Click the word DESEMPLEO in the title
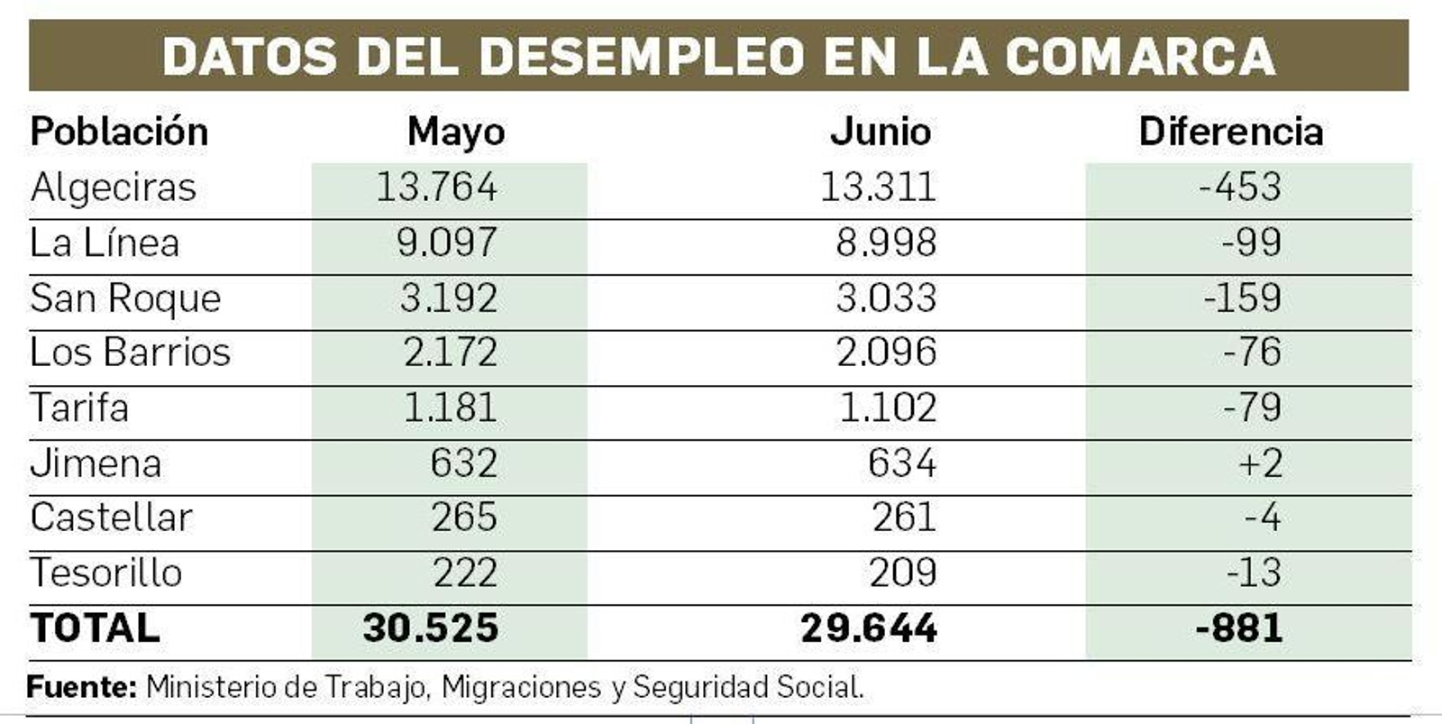point(641,56)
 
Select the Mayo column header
point(456,132)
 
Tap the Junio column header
point(880,132)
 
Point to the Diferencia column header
point(1230,132)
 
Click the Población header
point(119,132)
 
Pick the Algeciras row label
point(113,188)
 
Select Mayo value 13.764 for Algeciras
point(436,188)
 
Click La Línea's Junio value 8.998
point(886,243)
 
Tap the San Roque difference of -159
point(1242,298)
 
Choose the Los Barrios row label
point(130,352)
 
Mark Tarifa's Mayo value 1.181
point(450,408)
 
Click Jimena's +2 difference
point(1260,463)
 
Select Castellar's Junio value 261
point(904,518)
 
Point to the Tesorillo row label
point(106,573)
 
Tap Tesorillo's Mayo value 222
point(465,573)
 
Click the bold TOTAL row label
point(95,628)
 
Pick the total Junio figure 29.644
point(869,628)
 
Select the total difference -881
point(1238,628)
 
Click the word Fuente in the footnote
point(81,688)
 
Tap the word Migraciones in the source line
point(521,688)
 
